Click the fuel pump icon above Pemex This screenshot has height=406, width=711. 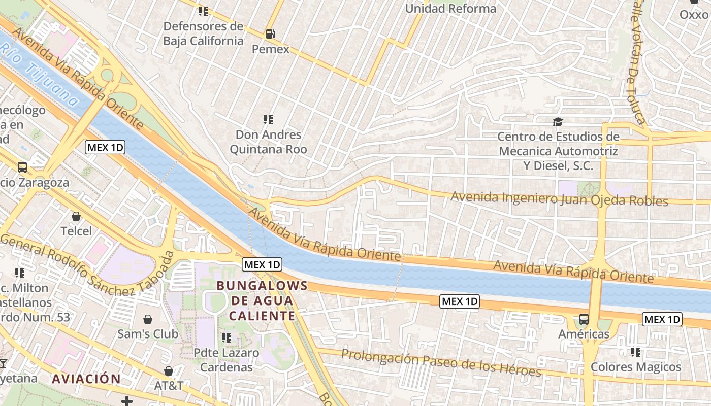(x=271, y=34)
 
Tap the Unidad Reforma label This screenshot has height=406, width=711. (x=450, y=9)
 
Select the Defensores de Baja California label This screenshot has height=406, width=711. (x=203, y=33)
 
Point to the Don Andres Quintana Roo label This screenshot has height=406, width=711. (x=268, y=142)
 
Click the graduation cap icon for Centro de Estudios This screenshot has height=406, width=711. (x=558, y=122)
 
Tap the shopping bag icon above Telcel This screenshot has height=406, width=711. (x=76, y=217)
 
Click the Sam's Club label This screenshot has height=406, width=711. (x=148, y=334)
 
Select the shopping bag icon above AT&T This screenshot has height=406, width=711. (x=169, y=371)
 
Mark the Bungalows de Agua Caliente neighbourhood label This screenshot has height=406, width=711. (x=262, y=300)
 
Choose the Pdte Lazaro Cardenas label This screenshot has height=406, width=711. (x=227, y=360)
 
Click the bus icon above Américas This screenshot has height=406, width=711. (x=584, y=319)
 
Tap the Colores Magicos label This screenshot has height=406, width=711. (x=635, y=367)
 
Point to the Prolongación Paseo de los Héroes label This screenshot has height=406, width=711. (x=441, y=363)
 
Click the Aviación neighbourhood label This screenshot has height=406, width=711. (x=86, y=379)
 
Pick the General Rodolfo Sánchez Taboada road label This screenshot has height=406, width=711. (x=86, y=268)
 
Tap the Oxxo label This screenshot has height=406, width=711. (x=694, y=14)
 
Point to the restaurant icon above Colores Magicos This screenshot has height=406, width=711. (x=635, y=352)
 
